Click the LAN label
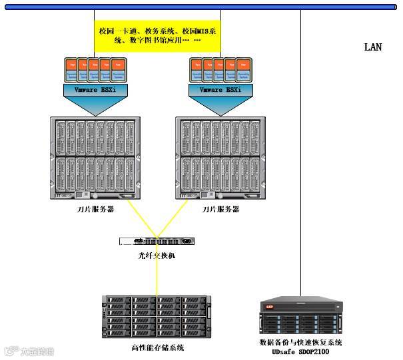(373, 47)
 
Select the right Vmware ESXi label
(220, 90)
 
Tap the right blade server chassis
(220, 158)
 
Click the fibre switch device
(158, 243)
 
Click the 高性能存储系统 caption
(157, 347)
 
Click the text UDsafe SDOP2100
(300, 351)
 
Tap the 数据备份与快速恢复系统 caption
(300, 342)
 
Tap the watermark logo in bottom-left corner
(29, 351)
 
